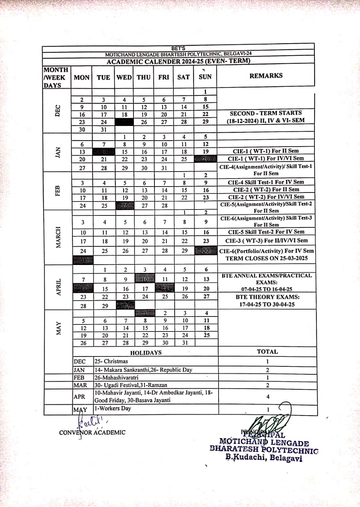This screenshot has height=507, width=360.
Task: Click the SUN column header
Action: (x=205, y=77)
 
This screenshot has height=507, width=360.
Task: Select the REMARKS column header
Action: (x=266, y=76)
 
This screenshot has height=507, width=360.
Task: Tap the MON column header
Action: (x=82, y=77)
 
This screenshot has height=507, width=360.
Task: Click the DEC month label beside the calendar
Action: (x=58, y=110)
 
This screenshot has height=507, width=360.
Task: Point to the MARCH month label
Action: (x=58, y=237)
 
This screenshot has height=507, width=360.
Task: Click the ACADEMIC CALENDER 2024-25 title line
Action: (x=178, y=61)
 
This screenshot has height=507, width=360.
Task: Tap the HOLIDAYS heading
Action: (x=146, y=353)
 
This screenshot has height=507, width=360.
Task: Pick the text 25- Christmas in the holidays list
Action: (x=111, y=361)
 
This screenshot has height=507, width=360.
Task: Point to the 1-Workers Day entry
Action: (x=112, y=408)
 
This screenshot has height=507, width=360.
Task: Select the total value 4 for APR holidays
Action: (x=267, y=396)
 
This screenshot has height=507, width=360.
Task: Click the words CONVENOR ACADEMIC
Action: (x=92, y=433)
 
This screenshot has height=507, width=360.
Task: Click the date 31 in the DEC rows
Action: (x=103, y=129)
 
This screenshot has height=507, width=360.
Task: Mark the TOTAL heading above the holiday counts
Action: (x=267, y=351)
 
